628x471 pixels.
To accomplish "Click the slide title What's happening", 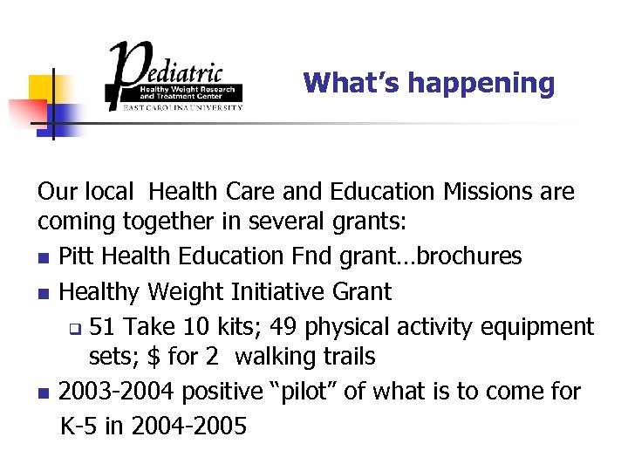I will (428, 84).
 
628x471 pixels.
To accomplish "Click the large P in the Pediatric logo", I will (126, 74).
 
